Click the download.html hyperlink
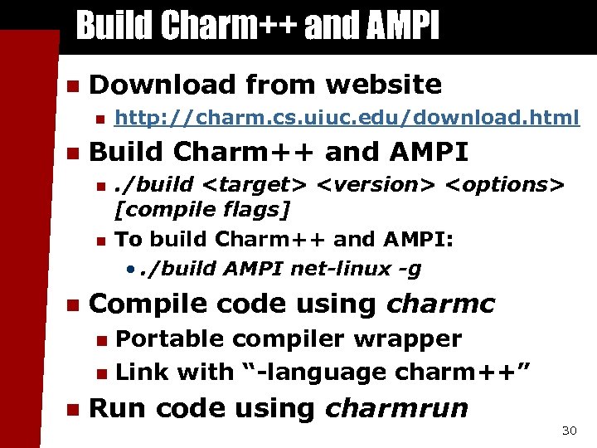point(347,119)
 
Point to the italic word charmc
point(440,304)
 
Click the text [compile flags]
point(202,210)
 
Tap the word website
point(384,84)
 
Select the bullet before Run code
point(71,409)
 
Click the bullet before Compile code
point(71,305)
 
